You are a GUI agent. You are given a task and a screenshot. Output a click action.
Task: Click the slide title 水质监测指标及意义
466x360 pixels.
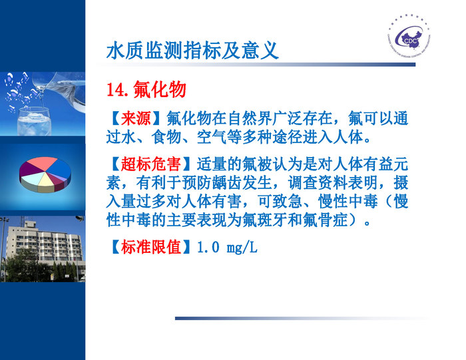click(x=192, y=50)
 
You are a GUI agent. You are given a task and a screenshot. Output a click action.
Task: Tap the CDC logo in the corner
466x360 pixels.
click(x=412, y=38)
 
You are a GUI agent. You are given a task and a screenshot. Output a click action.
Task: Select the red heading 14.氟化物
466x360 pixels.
click(x=146, y=90)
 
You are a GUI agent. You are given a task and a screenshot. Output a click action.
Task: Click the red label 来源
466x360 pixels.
click(x=136, y=119)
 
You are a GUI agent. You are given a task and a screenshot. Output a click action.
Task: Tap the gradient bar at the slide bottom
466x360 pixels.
click(x=300, y=318)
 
